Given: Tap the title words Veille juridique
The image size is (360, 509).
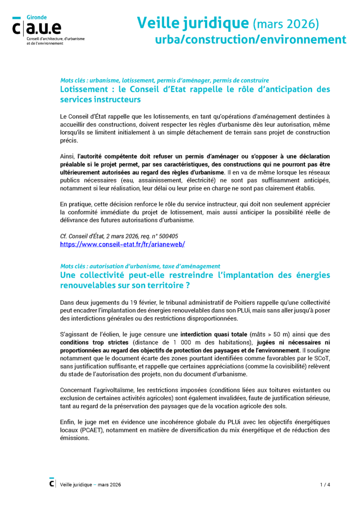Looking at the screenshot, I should click(192, 23).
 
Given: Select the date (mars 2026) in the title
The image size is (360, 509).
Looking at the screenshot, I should click(286, 23).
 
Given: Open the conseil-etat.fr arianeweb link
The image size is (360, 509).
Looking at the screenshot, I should click(122, 245).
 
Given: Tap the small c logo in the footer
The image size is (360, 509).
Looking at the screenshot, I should click(52, 483).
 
